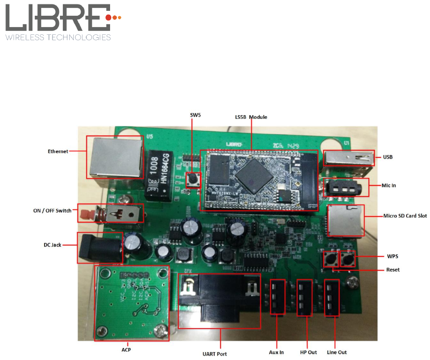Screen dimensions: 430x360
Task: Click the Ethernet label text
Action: tap(57, 151)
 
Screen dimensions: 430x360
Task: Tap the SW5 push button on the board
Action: tap(193, 179)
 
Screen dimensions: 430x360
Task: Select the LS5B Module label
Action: tap(251, 117)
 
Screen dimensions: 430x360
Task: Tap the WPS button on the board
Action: tap(347, 258)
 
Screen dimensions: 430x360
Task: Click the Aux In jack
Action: tap(277, 297)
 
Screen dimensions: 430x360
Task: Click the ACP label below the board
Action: tap(126, 350)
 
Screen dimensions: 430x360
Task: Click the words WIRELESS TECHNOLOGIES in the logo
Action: tap(58, 37)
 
